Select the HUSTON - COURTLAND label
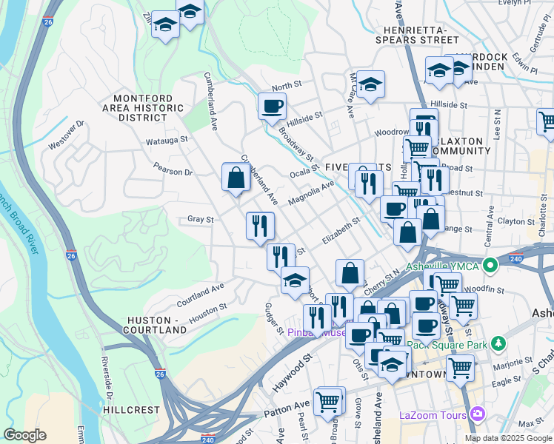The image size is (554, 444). pos(156,325)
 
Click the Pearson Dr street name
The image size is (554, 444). pos(173,172)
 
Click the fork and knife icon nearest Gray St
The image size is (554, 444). pos(260,225)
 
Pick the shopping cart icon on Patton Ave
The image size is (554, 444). pos(328,402)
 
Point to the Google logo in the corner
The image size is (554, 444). pos(24,434)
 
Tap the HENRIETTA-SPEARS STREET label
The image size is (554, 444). pos(416,34)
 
